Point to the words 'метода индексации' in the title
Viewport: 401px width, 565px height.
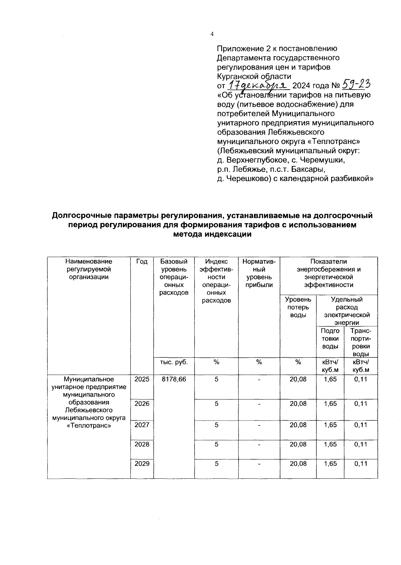pyautogui.click(x=212, y=234)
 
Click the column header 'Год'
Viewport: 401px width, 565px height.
pyautogui.click(x=142, y=261)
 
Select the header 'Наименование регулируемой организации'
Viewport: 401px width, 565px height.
pyautogui.click(x=89, y=269)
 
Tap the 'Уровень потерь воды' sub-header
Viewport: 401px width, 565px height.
pyautogui.click(x=298, y=307)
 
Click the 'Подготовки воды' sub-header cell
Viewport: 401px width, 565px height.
pyautogui.click(x=330, y=339)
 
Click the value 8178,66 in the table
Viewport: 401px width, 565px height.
pyautogui.click(x=174, y=379)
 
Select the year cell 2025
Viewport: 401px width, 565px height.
pyautogui.click(x=142, y=379)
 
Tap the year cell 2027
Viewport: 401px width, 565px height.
pyautogui.click(x=142, y=425)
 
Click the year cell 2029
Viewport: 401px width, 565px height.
pyautogui.click(x=142, y=464)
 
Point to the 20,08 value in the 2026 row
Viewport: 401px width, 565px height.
pyautogui.click(x=298, y=404)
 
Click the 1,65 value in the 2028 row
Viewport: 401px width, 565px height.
pyautogui.click(x=330, y=444)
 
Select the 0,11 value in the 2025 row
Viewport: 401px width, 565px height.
pyautogui.click(x=361, y=379)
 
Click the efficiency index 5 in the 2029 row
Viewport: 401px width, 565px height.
pyautogui.click(x=217, y=464)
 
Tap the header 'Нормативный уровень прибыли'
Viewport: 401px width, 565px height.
pyautogui.click(x=259, y=273)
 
